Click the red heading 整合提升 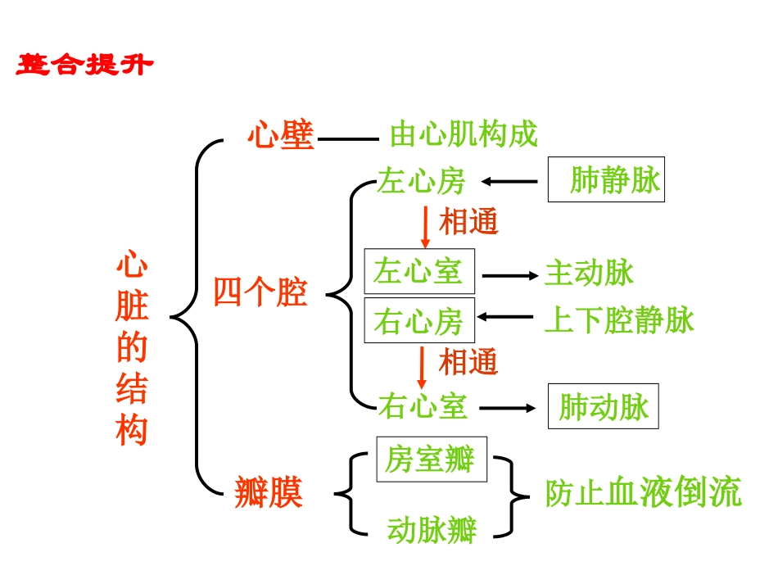click(x=84, y=65)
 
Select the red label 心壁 click(x=281, y=136)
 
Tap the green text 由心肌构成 click(x=464, y=134)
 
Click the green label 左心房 click(x=421, y=182)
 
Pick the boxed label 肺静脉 click(x=606, y=179)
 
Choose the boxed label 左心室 click(x=418, y=271)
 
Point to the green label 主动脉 click(x=589, y=274)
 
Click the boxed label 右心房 click(x=418, y=320)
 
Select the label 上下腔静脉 click(x=619, y=320)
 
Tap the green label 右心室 click(x=423, y=406)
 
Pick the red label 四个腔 click(x=260, y=292)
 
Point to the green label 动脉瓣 click(x=432, y=530)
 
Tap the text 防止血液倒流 click(x=644, y=492)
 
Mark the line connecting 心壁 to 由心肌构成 click(x=348, y=139)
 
